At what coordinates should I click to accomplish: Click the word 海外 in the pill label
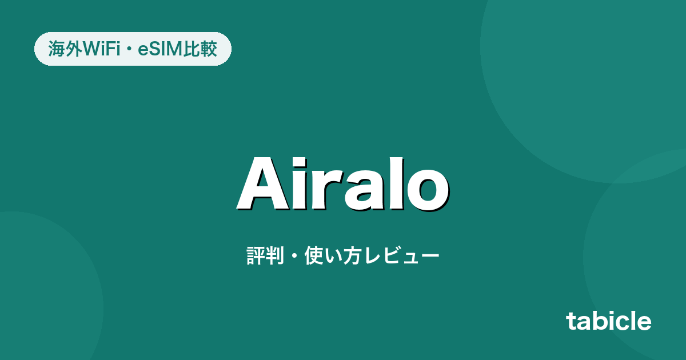click(65, 49)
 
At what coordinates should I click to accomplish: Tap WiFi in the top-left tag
click(101, 49)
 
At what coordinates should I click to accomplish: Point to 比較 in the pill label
click(200, 49)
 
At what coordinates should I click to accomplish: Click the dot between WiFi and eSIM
click(129, 49)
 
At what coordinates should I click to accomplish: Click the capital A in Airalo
click(264, 183)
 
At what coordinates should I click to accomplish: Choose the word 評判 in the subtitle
click(265, 255)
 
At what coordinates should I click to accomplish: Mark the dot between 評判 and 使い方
click(294, 255)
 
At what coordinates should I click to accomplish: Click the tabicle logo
click(608, 321)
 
